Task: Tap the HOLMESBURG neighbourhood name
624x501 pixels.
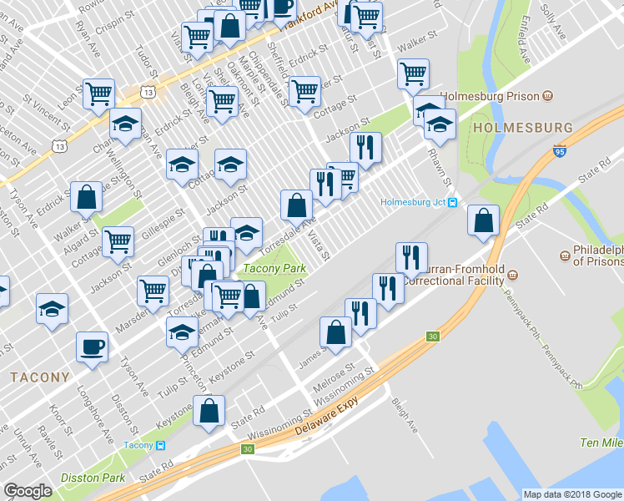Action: click(x=522, y=128)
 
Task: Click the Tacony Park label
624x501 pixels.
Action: click(x=273, y=269)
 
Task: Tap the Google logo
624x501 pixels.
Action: click(x=28, y=491)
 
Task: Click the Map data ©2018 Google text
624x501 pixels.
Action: click(x=571, y=494)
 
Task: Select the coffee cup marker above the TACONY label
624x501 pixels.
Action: click(x=92, y=347)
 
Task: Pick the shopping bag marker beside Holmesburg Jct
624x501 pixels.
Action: click(x=483, y=220)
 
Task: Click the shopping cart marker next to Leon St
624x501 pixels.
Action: click(x=98, y=94)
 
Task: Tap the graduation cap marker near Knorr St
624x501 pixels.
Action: click(x=53, y=309)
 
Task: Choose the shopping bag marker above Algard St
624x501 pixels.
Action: click(x=87, y=198)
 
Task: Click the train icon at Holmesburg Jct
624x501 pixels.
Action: click(x=452, y=202)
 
